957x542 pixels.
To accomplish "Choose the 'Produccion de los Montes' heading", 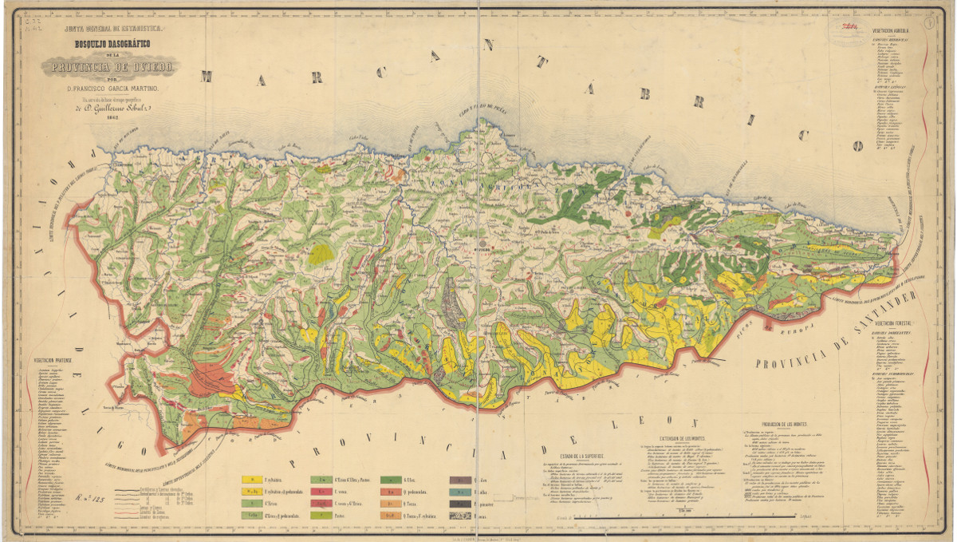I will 786,424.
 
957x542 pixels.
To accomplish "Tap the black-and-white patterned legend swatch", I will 460,516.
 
